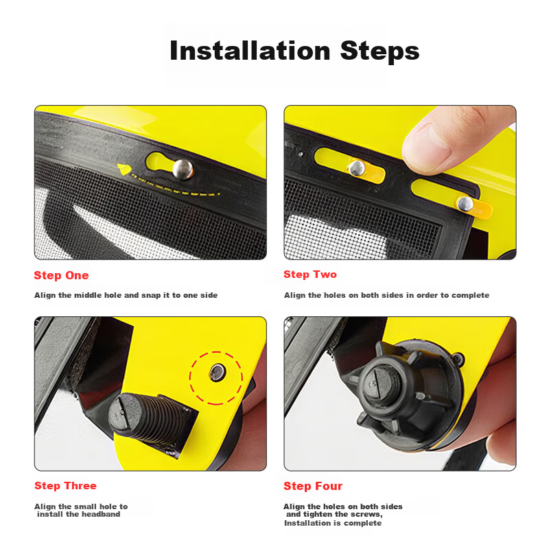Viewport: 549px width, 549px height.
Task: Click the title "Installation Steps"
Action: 294,51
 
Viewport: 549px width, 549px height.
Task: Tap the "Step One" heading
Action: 61,275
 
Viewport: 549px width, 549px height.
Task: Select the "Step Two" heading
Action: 310,274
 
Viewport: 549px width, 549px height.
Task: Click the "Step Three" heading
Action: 65,486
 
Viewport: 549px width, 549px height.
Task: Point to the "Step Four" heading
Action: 313,486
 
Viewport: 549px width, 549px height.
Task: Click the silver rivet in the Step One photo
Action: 183,169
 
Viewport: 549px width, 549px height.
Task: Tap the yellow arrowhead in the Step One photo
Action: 124,170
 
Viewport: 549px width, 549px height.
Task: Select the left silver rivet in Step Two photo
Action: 357,168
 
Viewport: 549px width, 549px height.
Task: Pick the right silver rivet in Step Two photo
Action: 465,203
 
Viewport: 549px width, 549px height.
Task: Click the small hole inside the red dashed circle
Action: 217,372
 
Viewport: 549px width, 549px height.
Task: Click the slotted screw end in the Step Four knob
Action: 374,383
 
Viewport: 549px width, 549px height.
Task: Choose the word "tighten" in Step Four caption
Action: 318,514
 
